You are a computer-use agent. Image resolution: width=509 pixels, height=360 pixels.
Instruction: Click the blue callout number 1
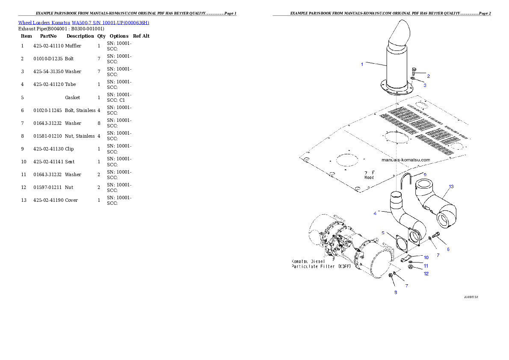362,65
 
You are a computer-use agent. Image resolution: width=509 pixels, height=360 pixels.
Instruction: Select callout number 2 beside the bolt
428,76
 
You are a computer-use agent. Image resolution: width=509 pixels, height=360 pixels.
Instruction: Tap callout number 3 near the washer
425,85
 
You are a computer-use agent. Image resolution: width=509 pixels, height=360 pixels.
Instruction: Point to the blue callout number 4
375,213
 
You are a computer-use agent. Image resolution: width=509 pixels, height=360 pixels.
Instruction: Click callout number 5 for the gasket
383,233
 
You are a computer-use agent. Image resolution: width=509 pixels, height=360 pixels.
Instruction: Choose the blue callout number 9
425,174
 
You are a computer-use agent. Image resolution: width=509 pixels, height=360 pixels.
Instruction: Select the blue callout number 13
451,186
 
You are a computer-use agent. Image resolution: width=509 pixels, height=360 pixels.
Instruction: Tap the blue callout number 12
426,274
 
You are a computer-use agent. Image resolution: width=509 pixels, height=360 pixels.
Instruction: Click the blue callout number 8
396,292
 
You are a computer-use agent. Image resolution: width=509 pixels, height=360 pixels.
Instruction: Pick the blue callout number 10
426,257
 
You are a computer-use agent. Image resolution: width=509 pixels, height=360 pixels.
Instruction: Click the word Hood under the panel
369,177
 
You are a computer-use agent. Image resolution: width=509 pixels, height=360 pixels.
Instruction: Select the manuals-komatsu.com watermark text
405,160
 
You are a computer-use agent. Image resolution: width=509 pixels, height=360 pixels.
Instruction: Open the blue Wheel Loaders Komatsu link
83,23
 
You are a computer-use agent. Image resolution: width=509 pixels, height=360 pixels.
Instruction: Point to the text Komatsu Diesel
308,261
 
